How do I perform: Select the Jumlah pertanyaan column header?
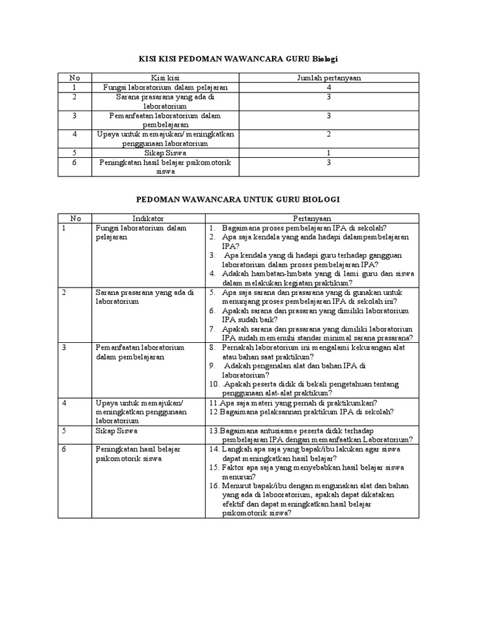(x=329, y=78)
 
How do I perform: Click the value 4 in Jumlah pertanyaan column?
(x=329, y=88)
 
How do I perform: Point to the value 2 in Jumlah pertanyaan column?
(x=329, y=134)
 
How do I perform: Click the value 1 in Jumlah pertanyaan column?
(x=329, y=153)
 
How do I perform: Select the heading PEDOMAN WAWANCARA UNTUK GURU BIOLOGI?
(x=238, y=200)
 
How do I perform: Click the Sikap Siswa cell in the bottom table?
(x=117, y=430)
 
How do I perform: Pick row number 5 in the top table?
(x=74, y=153)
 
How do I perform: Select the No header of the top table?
(x=74, y=78)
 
